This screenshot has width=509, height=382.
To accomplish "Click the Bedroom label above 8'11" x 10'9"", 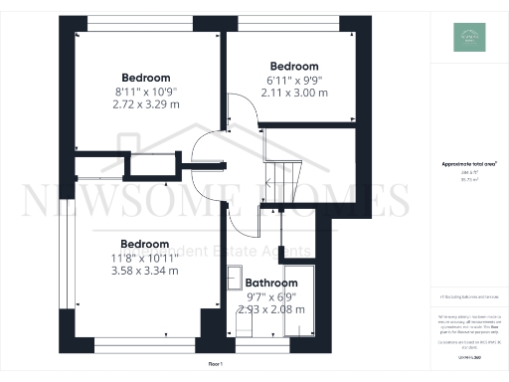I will (x=145, y=78).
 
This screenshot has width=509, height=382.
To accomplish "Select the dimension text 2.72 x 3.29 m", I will (x=145, y=102).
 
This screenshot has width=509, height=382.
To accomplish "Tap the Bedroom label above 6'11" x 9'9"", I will (x=294, y=67).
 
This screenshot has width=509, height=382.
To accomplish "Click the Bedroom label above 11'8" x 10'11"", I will (x=145, y=244).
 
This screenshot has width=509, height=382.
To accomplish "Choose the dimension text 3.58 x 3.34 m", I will (x=145, y=270).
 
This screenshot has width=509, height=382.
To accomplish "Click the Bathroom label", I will (x=271, y=283).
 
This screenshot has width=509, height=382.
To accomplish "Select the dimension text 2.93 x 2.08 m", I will (x=271, y=309).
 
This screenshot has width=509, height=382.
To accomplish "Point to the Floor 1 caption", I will (x=215, y=366).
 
